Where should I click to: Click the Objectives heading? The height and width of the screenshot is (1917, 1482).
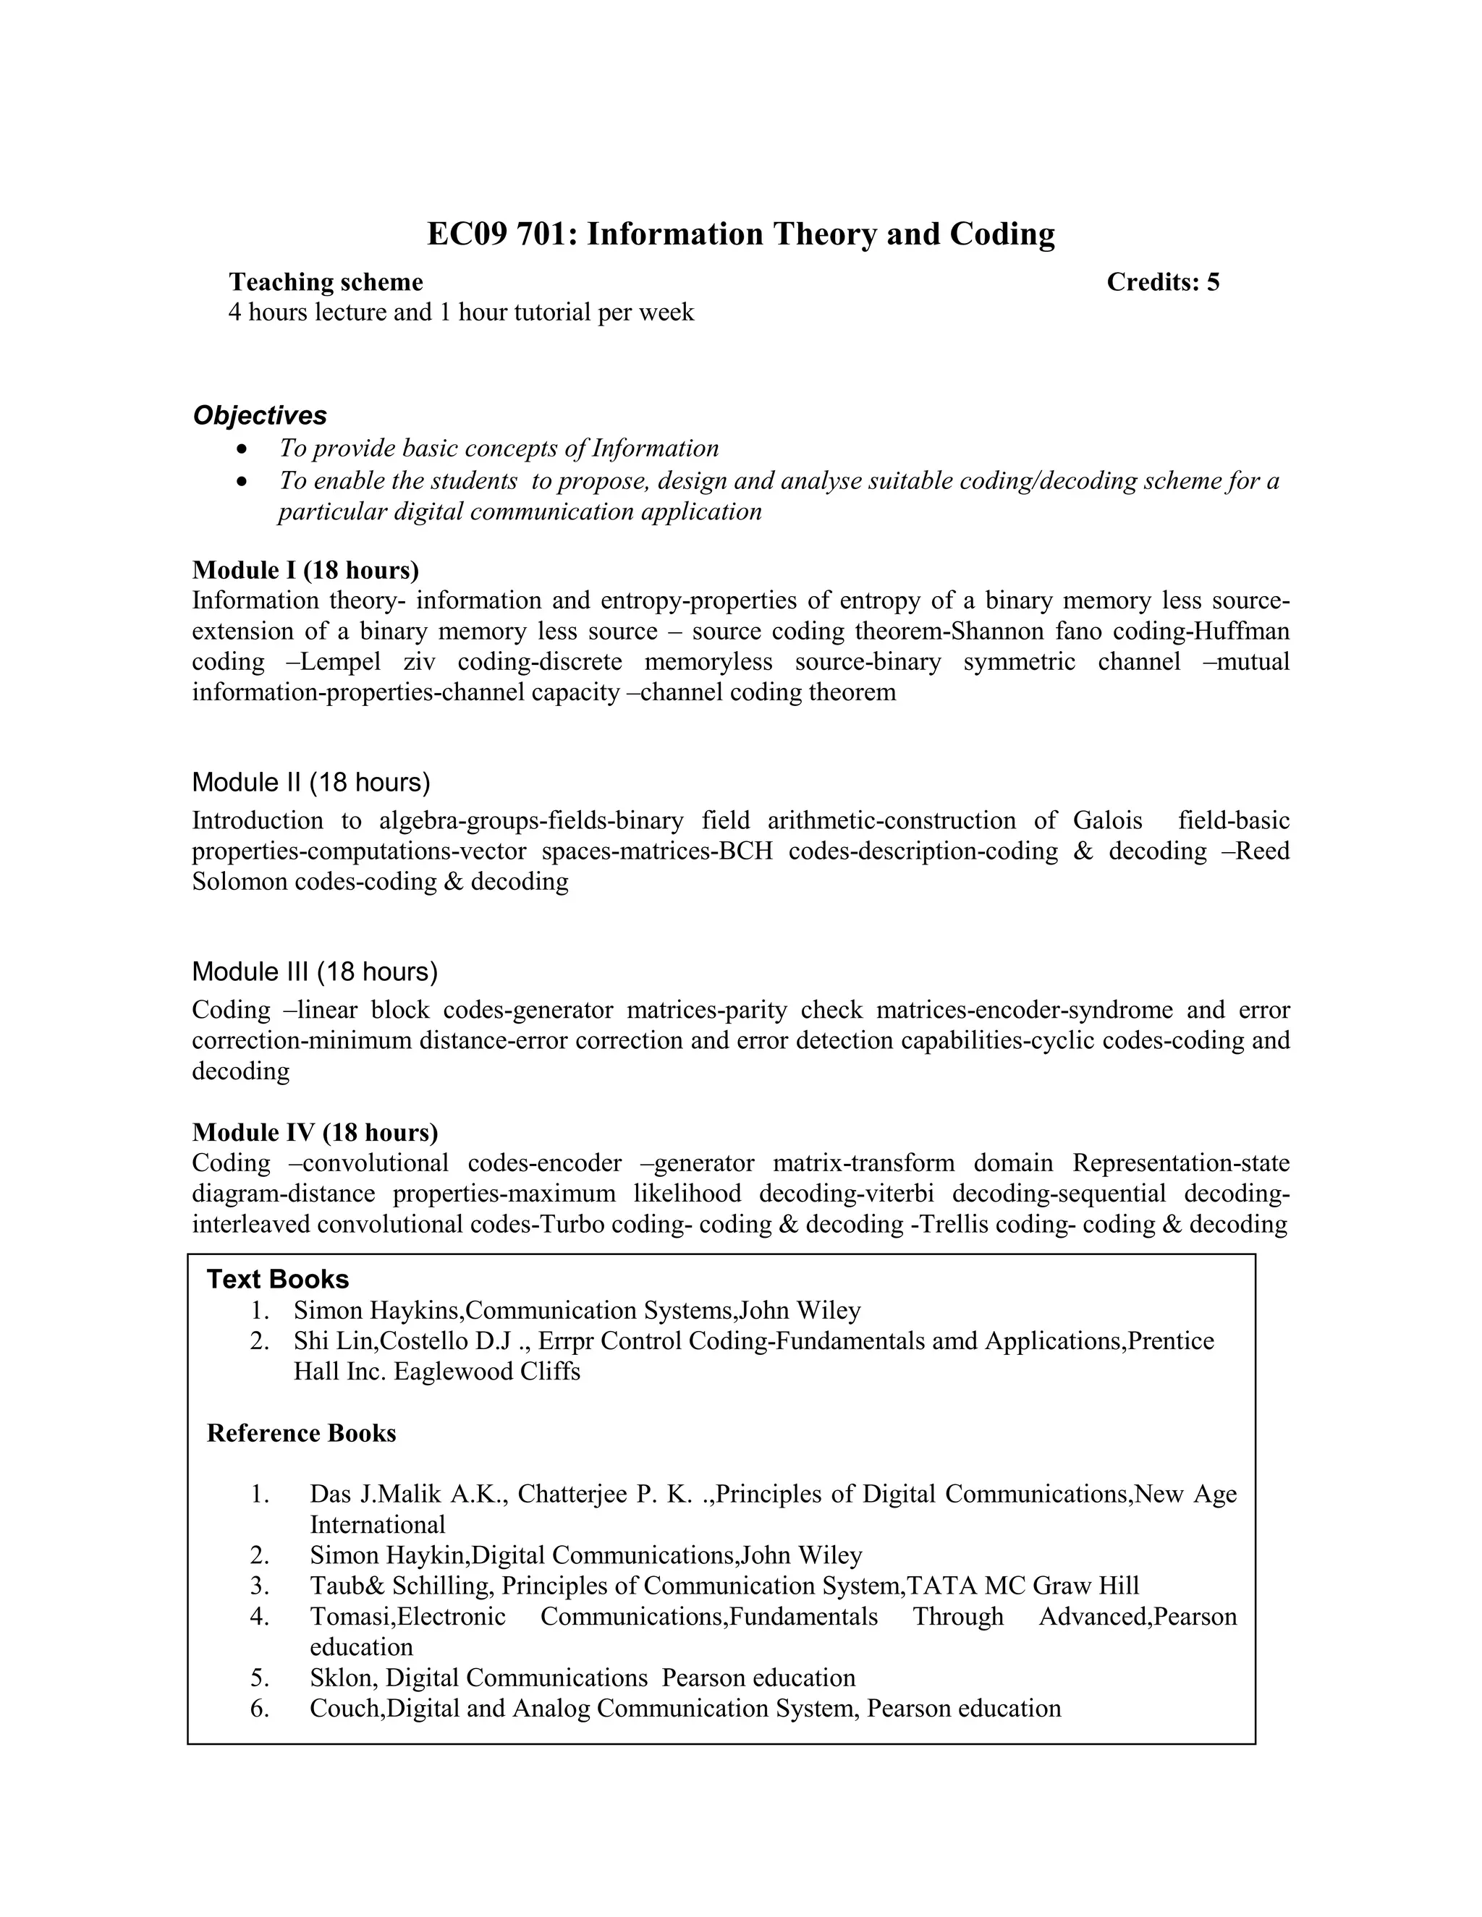click(260, 415)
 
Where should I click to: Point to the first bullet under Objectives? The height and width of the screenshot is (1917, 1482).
click(243, 449)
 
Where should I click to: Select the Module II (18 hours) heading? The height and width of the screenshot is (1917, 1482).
click(310, 782)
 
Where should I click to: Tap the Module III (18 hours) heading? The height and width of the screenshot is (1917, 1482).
click(314, 972)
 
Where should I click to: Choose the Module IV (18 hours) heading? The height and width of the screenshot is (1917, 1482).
click(314, 1132)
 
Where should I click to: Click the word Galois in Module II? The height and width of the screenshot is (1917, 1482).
click(1107, 821)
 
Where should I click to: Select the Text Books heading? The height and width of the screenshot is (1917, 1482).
click(277, 1280)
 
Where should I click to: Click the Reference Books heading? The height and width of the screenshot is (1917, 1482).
click(301, 1433)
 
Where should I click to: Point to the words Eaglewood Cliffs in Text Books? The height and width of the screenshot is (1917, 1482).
click(487, 1372)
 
